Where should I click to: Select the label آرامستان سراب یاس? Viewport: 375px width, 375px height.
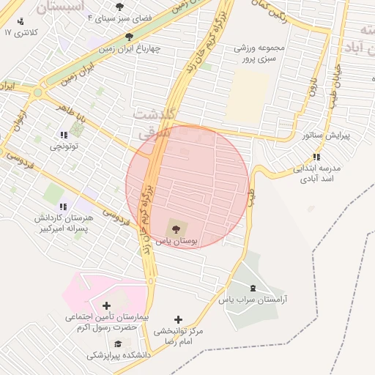tap(253, 300)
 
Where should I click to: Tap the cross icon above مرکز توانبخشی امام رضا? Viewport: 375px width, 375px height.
tap(178, 319)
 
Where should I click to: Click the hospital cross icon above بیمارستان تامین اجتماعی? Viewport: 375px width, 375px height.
tap(107, 305)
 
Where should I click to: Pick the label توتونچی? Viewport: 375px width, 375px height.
tap(64, 146)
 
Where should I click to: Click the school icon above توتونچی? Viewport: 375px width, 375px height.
tap(64, 134)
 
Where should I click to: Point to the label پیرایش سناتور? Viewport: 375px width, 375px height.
tap(327, 135)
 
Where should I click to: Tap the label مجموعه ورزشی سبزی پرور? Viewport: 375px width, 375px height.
tap(248, 53)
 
